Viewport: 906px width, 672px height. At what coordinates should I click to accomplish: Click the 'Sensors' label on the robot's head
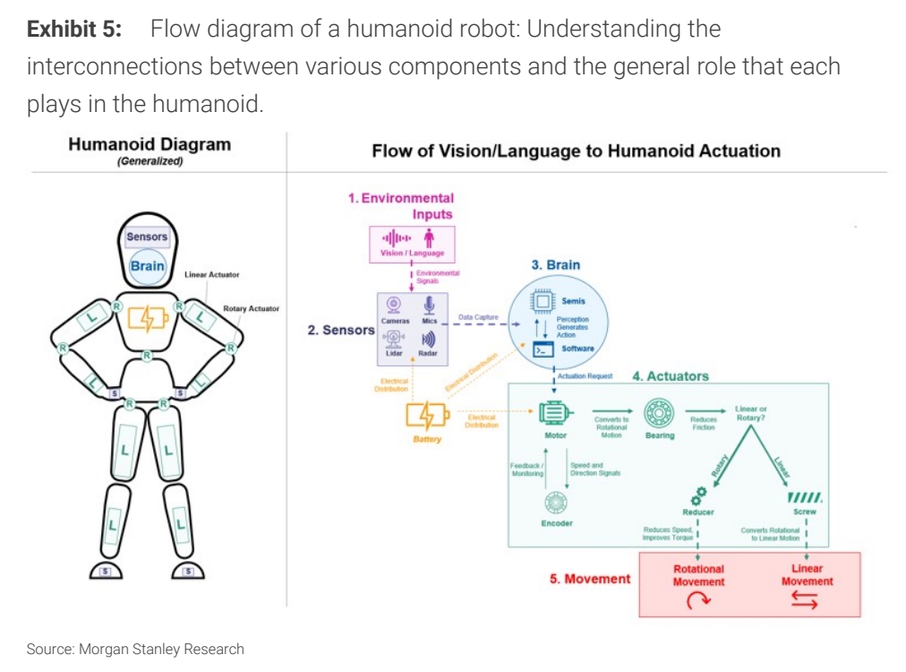click(147, 237)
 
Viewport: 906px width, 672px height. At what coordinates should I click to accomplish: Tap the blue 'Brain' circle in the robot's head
click(147, 266)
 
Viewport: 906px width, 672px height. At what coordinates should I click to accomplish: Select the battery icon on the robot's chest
click(147, 318)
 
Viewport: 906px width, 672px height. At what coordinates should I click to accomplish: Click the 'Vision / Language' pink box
click(412, 243)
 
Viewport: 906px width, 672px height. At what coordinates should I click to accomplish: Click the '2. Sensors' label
click(340, 330)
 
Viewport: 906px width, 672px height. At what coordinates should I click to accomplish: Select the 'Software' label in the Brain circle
click(578, 349)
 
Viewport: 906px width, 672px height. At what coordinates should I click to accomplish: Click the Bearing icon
click(660, 413)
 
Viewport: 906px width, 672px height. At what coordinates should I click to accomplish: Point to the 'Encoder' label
click(556, 523)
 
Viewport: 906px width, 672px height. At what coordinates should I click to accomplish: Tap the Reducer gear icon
click(698, 493)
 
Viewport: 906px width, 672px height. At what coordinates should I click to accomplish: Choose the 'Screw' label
click(804, 512)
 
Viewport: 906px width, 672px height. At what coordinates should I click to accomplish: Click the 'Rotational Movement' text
click(698, 575)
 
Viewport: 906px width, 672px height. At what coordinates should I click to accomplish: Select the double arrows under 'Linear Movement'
click(804, 601)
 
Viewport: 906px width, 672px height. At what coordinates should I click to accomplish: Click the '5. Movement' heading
click(590, 579)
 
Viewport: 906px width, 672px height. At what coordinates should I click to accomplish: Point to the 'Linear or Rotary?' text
click(750, 413)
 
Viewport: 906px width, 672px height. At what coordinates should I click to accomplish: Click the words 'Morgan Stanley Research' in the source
click(161, 649)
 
